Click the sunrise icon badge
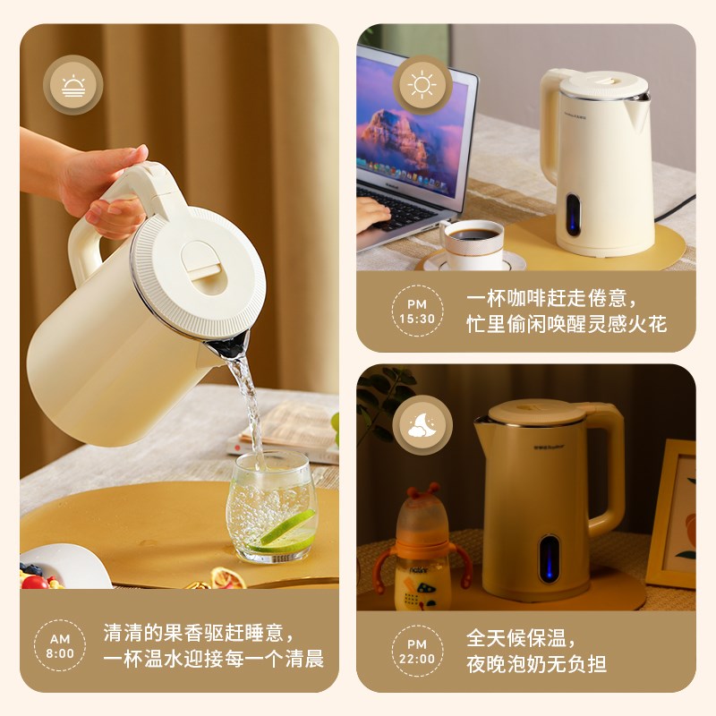click(x=72, y=85)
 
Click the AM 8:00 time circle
click(x=60, y=645)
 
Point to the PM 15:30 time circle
click(x=417, y=310)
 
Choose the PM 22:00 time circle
click(x=417, y=651)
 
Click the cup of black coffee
click(x=472, y=243)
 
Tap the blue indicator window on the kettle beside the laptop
click(x=573, y=215)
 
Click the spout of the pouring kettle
click(x=230, y=344)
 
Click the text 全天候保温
click(x=520, y=638)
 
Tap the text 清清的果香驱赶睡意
click(x=199, y=633)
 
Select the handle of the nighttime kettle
click(x=609, y=465)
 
